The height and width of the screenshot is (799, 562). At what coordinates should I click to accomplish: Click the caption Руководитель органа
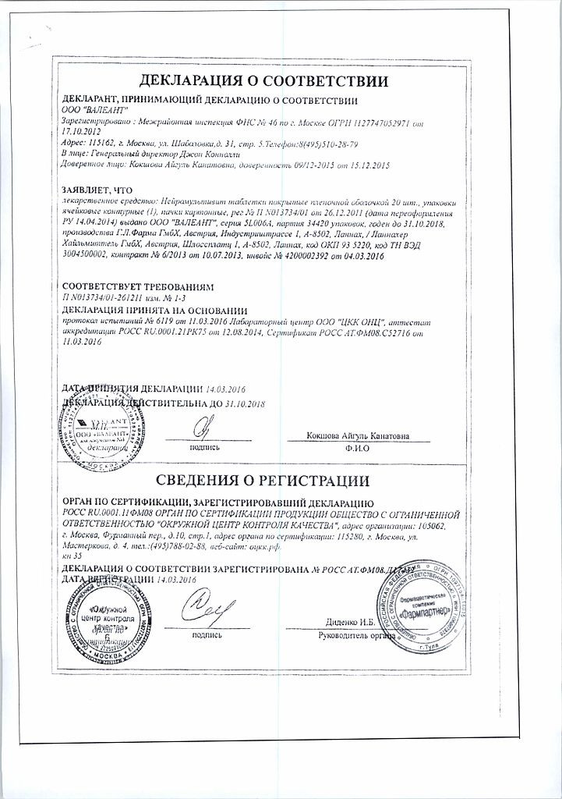pyautogui.click(x=352, y=635)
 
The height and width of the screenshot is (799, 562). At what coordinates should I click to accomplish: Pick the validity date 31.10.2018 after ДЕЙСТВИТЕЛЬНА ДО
pyautogui.click(x=239, y=404)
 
